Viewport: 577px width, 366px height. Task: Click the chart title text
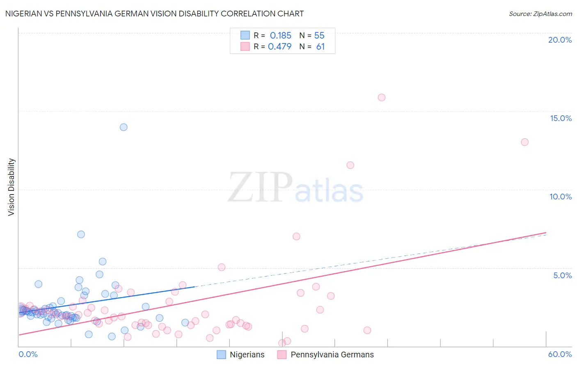pyautogui.click(x=154, y=14)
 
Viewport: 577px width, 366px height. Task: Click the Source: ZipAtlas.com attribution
pyautogui.click(x=540, y=14)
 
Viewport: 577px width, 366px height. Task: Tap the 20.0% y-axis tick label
pyautogui.click(x=560, y=40)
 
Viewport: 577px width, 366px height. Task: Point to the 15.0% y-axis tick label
pyautogui.click(x=561, y=118)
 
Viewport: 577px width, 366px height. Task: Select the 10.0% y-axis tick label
pyautogui.click(x=561, y=197)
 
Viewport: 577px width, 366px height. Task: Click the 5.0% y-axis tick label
pyautogui.click(x=562, y=275)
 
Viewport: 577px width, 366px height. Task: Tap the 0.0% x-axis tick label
pyautogui.click(x=28, y=354)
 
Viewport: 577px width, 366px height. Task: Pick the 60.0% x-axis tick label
pyautogui.click(x=560, y=354)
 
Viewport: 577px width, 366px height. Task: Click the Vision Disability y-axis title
pyautogui.click(x=11, y=187)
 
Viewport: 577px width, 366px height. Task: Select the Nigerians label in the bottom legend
pyautogui.click(x=247, y=355)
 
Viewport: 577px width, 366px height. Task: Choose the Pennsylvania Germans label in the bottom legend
pyautogui.click(x=332, y=355)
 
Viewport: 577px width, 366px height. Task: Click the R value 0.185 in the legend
pyautogui.click(x=280, y=36)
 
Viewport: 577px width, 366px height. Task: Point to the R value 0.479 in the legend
pyautogui.click(x=279, y=47)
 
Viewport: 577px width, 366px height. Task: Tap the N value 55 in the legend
pyautogui.click(x=319, y=36)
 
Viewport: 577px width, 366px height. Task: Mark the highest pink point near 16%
pyautogui.click(x=382, y=97)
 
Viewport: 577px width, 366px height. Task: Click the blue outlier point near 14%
pyautogui.click(x=124, y=127)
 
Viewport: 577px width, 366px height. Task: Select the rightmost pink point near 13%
pyautogui.click(x=524, y=142)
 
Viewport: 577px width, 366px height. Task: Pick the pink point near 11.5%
pyautogui.click(x=350, y=165)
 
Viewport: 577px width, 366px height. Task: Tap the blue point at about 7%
pyautogui.click(x=81, y=234)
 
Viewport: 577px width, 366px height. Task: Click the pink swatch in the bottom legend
pyautogui.click(x=282, y=355)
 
